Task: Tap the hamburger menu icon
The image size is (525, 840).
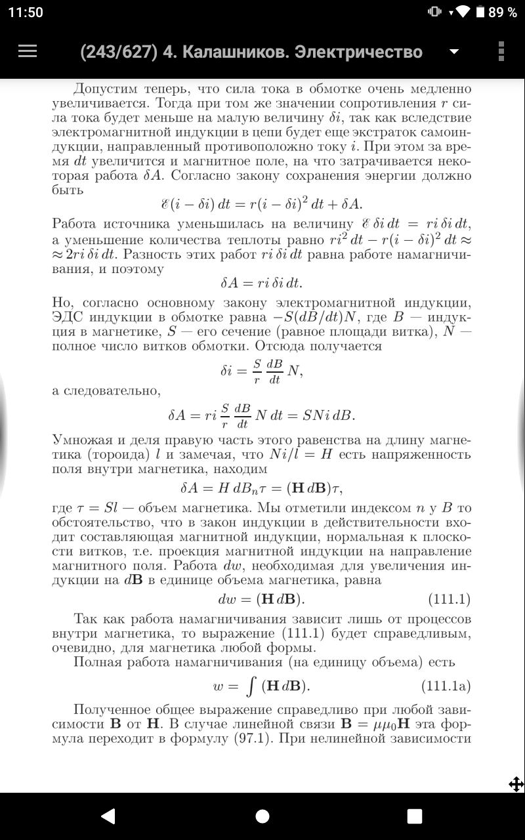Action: click(27, 51)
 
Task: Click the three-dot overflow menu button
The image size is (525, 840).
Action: click(501, 51)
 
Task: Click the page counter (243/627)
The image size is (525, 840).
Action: click(118, 52)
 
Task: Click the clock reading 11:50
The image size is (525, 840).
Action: click(26, 12)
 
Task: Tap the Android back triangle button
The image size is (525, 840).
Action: click(108, 816)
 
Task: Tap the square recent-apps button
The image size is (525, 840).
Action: click(415, 816)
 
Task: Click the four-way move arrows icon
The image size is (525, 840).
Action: click(516, 784)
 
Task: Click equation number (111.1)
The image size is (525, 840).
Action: click(449, 599)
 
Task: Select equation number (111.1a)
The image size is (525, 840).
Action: click(446, 686)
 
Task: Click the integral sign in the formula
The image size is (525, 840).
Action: click(249, 686)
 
